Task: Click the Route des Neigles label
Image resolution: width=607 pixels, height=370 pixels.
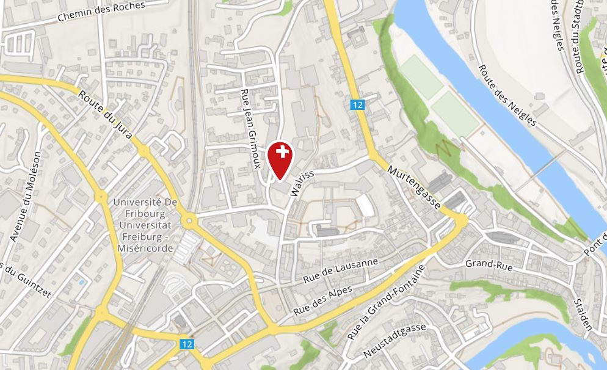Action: pyautogui.click(x=507, y=96)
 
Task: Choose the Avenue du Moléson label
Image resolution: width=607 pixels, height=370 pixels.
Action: pyautogui.click(x=26, y=195)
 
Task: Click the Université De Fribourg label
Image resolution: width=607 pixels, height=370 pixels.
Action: pyautogui.click(x=145, y=225)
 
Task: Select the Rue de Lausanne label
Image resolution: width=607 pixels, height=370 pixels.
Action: pyautogui.click(x=341, y=270)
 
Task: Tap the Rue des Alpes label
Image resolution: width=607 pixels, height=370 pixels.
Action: pyautogui.click(x=323, y=300)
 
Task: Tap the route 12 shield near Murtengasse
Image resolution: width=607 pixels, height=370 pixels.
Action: pyautogui.click(x=357, y=105)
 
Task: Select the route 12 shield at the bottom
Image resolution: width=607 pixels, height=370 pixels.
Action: pyautogui.click(x=187, y=344)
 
